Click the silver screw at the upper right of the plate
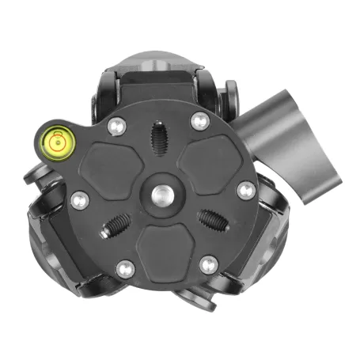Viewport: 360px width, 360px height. coord(199,120)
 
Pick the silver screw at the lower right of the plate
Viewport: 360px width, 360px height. coord(208,264)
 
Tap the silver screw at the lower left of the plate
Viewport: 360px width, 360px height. coord(124,268)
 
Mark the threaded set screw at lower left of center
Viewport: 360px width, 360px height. coord(115,226)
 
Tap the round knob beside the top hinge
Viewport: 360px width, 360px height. coord(232,95)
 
